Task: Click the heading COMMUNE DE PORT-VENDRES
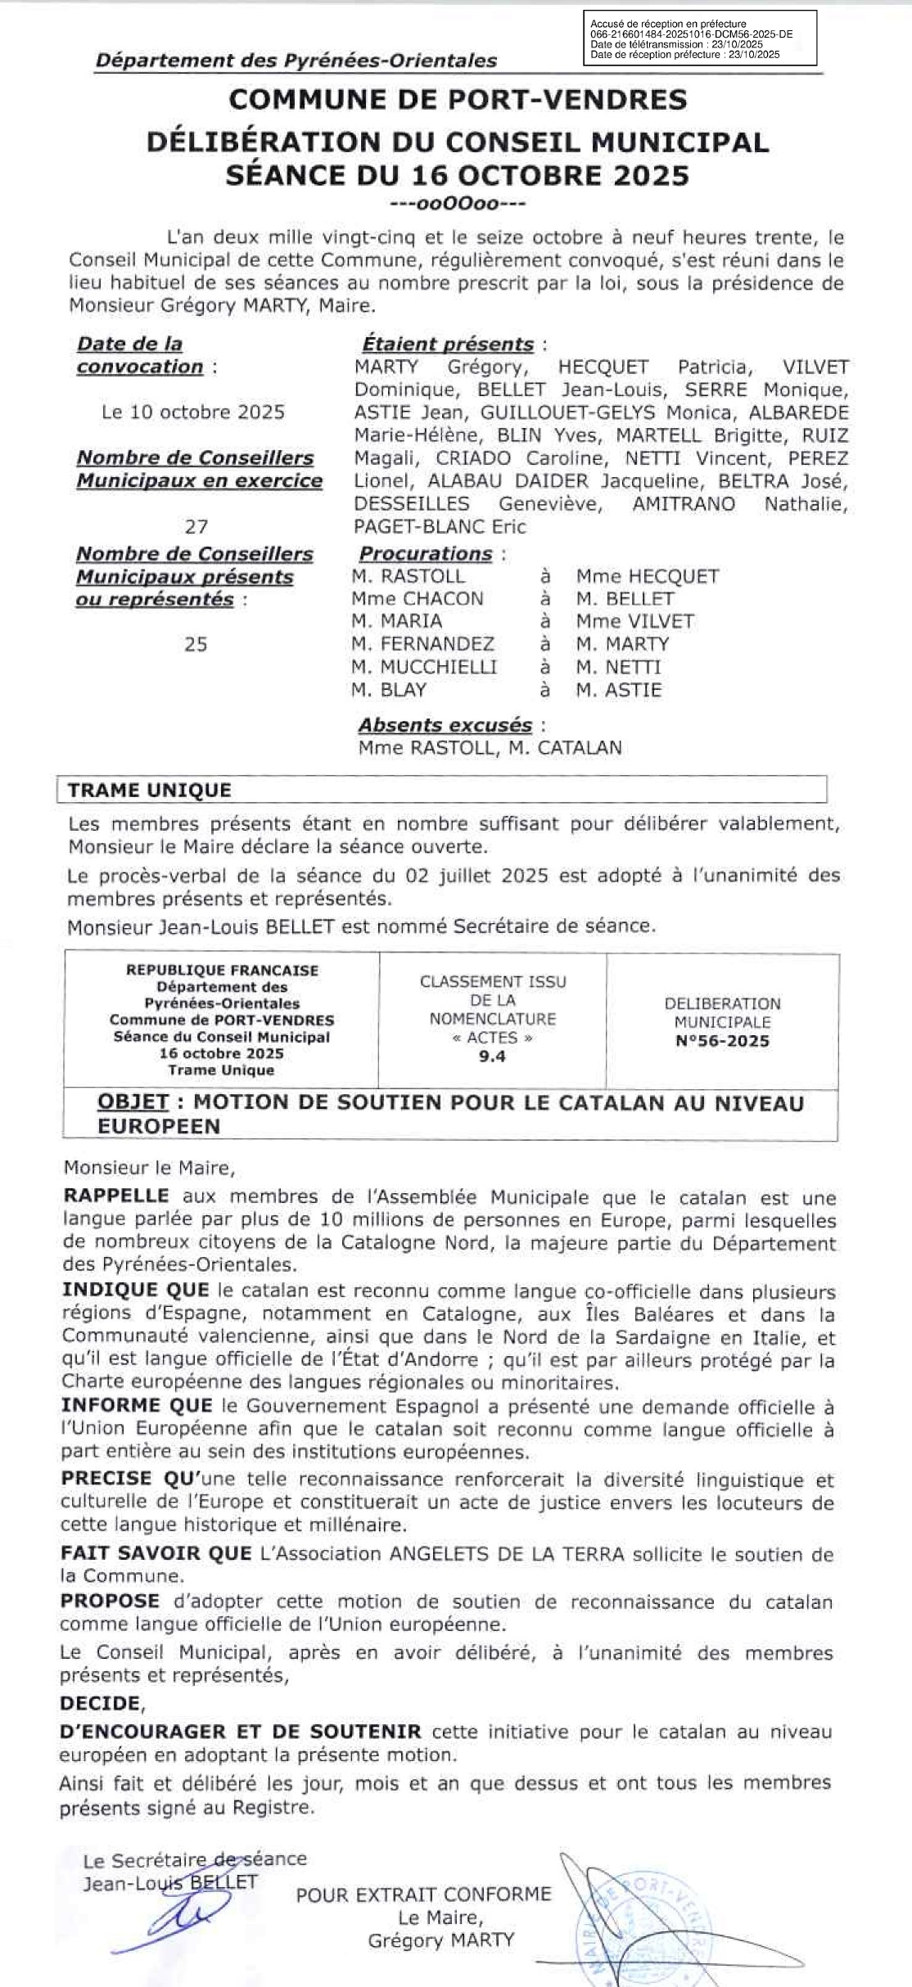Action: coord(458,100)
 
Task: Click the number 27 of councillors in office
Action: coord(196,526)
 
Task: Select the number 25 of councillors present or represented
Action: coord(196,645)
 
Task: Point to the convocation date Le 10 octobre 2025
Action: coord(193,412)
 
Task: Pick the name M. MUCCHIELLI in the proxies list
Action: coord(424,667)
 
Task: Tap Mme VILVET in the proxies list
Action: coord(634,621)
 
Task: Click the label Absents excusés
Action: coord(445,725)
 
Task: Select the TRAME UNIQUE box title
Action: coord(150,791)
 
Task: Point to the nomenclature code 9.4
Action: coord(493,1057)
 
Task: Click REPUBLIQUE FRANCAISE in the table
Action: coord(222,971)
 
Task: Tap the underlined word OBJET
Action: coord(133,1103)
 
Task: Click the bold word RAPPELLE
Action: coord(116,1196)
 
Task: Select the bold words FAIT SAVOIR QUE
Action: coord(156,1553)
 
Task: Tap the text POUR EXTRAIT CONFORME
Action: coord(424,1894)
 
